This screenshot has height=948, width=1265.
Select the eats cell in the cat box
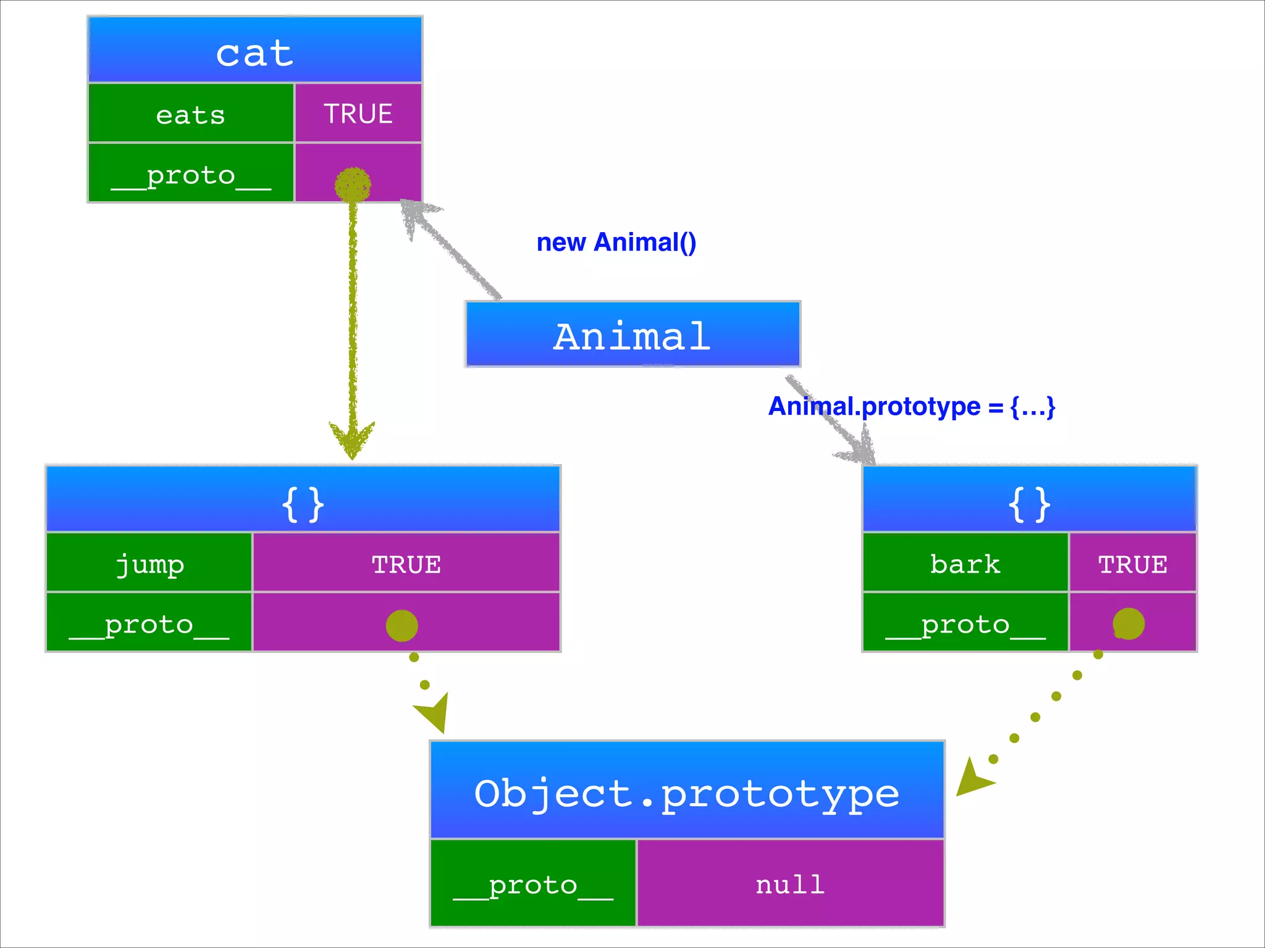191,114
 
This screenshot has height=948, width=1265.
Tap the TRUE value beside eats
358,114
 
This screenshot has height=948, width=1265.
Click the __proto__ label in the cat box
191,174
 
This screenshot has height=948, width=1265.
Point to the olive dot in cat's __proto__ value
353,184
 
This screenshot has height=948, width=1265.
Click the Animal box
632,335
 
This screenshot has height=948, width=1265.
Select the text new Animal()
616,243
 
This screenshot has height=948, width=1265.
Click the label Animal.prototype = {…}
912,407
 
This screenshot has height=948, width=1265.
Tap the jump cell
149,563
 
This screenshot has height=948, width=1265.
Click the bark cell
965,563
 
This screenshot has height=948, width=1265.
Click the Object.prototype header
687,792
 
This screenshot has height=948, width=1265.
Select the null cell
790,884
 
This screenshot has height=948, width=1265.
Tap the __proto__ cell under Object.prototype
533,884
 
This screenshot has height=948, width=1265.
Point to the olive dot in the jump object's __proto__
401,625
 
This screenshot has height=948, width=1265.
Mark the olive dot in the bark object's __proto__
1128,623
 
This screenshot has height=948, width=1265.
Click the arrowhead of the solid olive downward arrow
352,439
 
